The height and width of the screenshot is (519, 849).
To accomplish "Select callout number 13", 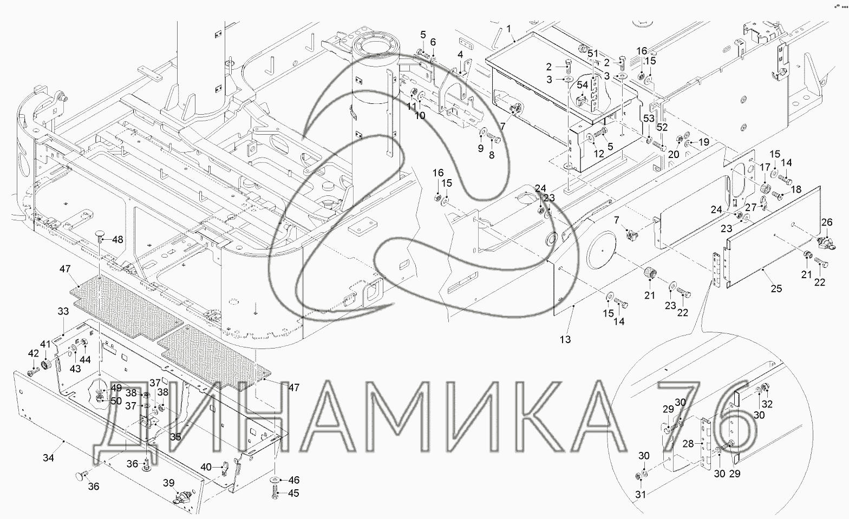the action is coord(565,339).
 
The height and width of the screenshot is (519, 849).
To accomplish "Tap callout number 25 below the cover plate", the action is coord(776,288).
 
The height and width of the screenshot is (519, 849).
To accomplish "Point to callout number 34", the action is coord(48,458).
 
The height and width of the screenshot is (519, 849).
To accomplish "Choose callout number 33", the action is coord(63,311).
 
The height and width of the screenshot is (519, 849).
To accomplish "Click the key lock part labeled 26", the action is coord(826,242).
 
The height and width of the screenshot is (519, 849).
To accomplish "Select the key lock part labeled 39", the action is coord(182,497).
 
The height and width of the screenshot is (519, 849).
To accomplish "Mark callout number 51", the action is coord(593,54).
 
